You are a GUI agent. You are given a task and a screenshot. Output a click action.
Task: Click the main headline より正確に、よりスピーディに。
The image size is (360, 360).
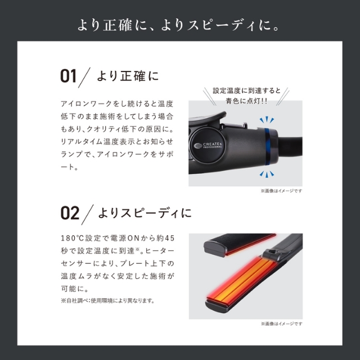(180, 25)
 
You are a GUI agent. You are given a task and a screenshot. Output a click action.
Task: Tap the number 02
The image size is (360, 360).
(69, 213)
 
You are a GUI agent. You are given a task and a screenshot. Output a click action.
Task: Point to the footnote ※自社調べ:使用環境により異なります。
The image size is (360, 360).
(107, 300)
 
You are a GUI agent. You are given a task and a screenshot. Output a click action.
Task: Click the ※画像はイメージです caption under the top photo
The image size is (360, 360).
(281, 191)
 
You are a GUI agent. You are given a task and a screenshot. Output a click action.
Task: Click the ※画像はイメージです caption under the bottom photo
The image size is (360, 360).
(281, 324)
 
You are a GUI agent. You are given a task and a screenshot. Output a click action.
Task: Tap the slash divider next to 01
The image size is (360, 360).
(86, 76)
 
